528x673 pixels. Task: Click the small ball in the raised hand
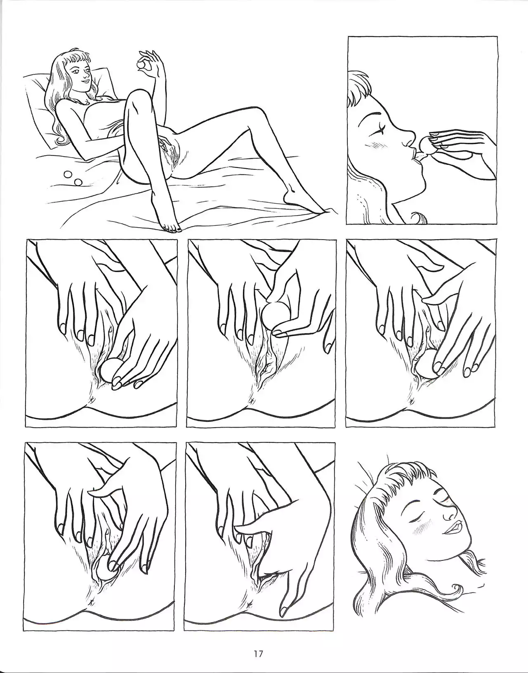pyautogui.click(x=141, y=66)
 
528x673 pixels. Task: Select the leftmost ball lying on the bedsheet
pyautogui.click(x=67, y=174)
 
